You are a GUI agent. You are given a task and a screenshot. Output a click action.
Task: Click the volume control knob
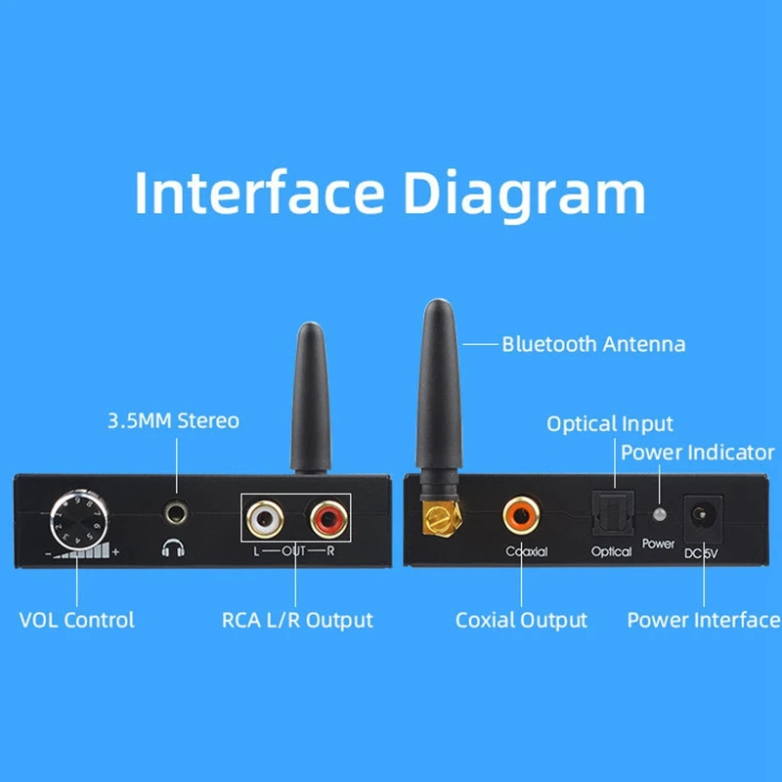pyautogui.click(x=77, y=519)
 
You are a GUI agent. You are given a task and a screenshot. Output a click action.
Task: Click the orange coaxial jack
pyautogui.click(x=521, y=513)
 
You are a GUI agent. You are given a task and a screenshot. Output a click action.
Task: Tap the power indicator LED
pyautogui.click(x=660, y=514)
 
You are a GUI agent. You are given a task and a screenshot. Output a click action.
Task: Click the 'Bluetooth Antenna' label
pyautogui.click(x=593, y=344)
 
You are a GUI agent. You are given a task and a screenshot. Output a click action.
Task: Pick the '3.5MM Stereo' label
pyautogui.click(x=173, y=421)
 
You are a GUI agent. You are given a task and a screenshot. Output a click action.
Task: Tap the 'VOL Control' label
pyautogui.click(x=77, y=620)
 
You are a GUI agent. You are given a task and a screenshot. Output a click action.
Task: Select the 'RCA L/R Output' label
pyautogui.click(x=297, y=620)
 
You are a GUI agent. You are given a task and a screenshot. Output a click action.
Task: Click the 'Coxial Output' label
pyautogui.click(x=521, y=620)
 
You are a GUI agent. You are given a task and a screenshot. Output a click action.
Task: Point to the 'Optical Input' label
pyautogui.click(x=610, y=424)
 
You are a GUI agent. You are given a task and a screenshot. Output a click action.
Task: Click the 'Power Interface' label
pyautogui.click(x=704, y=620)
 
